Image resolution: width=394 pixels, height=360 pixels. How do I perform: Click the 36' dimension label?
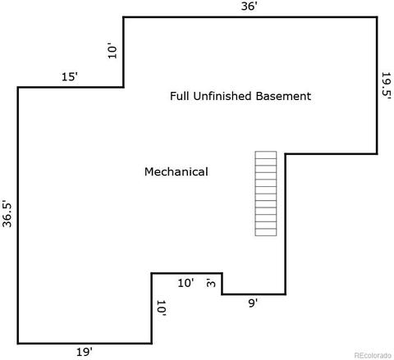[x=249, y=6]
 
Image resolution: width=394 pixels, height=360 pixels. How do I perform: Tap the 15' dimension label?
[x=70, y=77]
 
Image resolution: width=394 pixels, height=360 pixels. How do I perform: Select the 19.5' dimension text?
[x=386, y=85]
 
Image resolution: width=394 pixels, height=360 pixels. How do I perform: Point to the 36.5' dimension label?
[x=7, y=215]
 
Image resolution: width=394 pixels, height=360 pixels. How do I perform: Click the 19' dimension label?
[x=85, y=352]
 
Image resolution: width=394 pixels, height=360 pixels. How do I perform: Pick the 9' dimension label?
[x=253, y=303]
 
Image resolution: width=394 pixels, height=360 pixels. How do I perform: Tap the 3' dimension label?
[x=211, y=283]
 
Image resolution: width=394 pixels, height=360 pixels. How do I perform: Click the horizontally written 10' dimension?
[x=186, y=283]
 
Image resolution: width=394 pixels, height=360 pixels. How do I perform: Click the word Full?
[x=180, y=96]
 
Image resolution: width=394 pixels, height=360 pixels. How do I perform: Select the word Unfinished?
[x=222, y=96]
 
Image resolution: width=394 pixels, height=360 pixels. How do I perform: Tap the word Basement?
[x=283, y=96]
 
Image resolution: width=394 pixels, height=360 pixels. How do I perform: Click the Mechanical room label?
[x=176, y=171]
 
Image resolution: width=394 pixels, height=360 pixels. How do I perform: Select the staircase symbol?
[x=266, y=194]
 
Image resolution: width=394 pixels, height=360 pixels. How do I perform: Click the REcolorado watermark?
[x=373, y=355]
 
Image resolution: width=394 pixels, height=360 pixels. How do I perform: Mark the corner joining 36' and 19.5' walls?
[x=377, y=17]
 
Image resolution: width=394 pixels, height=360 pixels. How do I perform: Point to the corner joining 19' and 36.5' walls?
[x=18, y=343]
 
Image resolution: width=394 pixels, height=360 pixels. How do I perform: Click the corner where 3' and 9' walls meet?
[x=222, y=294]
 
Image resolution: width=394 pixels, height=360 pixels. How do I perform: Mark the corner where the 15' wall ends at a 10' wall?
[x=123, y=87]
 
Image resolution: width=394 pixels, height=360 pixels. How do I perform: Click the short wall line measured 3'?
[x=222, y=284]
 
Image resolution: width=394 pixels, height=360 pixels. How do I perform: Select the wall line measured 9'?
[x=254, y=294]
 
